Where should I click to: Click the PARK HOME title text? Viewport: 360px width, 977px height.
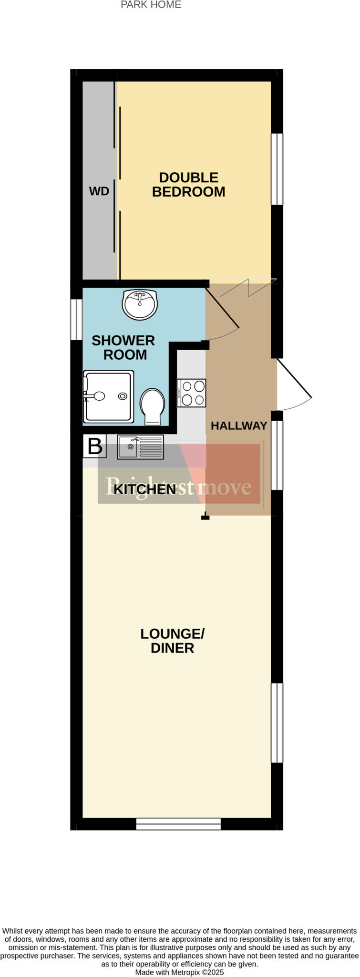tap(151, 5)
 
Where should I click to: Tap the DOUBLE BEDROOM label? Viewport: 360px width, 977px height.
tap(188, 185)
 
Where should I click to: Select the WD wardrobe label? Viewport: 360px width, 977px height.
tap(99, 191)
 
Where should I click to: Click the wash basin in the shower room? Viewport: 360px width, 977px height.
tap(140, 304)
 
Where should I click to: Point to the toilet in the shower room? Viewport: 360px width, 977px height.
tap(152, 405)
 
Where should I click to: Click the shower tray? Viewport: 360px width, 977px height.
tap(108, 396)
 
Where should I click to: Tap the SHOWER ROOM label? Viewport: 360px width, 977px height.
tap(123, 347)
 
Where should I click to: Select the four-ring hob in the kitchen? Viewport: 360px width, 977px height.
tap(192, 393)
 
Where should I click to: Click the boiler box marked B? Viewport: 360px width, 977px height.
tap(94, 447)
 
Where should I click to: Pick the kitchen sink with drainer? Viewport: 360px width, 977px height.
tap(141, 447)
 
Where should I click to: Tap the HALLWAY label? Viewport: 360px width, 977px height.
tap(239, 426)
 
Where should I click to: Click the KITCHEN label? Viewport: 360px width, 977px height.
tap(145, 489)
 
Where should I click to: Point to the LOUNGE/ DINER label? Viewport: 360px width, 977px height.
tap(172, 641)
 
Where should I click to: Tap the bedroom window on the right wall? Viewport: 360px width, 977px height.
tap(277, 169)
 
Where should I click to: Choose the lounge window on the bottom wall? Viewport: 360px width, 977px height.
tap(178, 824)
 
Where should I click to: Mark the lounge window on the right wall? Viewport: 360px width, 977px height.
tap(277, 723)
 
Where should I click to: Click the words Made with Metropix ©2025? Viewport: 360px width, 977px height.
tap(179, 972)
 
